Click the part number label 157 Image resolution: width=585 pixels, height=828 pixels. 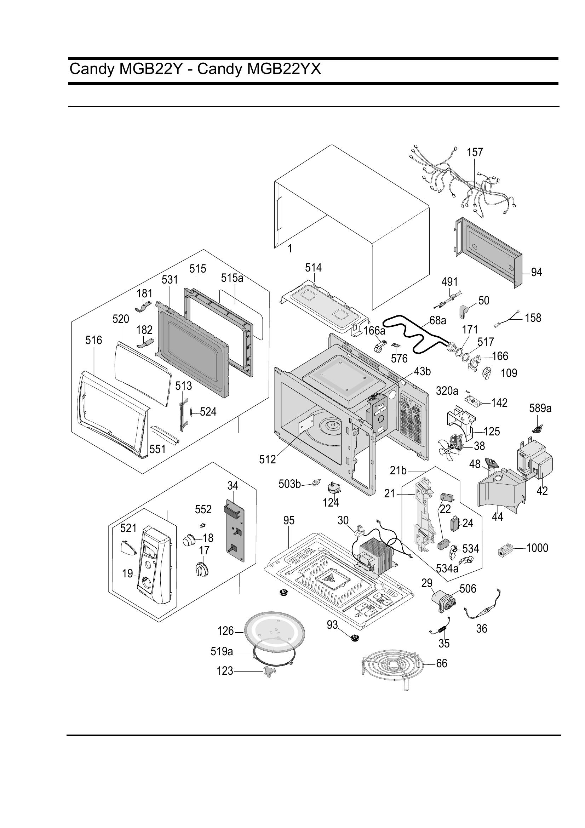(475, 152)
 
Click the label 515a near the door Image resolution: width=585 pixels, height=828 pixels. (232, 278)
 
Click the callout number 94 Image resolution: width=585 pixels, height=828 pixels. (537, 272)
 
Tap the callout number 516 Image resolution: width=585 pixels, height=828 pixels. (94, 340)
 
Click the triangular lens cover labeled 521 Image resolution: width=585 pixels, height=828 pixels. (128, 548)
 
